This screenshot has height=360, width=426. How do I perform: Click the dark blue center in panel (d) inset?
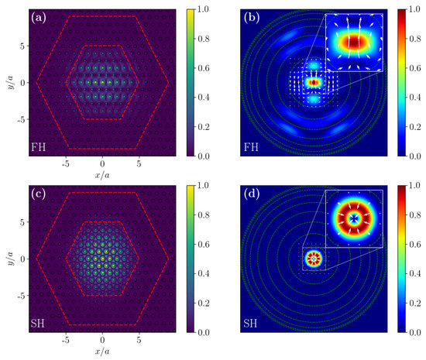click(x=354, y=218)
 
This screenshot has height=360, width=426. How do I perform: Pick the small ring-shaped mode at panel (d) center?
click(x=314, y=258)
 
